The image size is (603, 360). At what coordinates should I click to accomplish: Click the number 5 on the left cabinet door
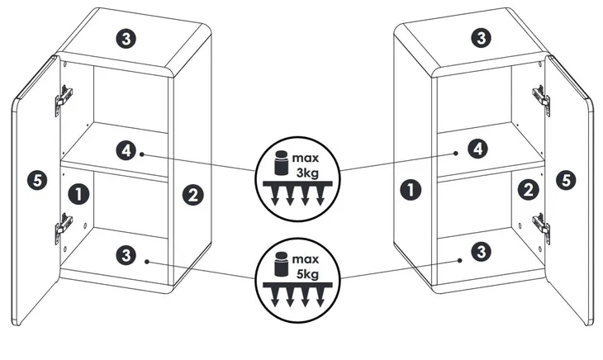click(37, 180)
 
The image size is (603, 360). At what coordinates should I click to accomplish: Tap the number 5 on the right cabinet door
click(566, 180)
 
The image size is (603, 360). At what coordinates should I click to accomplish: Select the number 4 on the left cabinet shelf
click(126, 150)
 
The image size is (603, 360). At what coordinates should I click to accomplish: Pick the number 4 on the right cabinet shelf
click(477, 149)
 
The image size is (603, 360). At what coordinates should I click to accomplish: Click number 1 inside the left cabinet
click(78, 194)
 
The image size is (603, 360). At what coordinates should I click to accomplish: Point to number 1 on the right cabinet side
click(411, 190)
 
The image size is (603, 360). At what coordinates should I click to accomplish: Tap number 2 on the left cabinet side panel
click(192, 195)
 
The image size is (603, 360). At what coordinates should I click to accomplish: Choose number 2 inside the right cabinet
click(529, 190)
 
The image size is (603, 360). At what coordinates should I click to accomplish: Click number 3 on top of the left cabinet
click(126, 39)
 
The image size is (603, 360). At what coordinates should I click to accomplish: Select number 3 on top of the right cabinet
click(481, 38)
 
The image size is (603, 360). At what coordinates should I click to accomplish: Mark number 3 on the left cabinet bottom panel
click(126, 255)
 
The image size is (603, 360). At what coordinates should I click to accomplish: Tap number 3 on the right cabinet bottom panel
click(481, 252)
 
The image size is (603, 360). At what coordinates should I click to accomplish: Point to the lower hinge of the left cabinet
click(63, 228)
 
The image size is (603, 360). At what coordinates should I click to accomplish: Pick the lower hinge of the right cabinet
click(542, 228)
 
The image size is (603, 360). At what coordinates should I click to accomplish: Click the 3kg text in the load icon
click(307, 173)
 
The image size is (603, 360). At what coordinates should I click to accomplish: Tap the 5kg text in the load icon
click(307, 274)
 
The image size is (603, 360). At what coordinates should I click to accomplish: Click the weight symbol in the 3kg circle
click(281, 162)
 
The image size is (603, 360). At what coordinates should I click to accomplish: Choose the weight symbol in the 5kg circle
click(281, 263)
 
